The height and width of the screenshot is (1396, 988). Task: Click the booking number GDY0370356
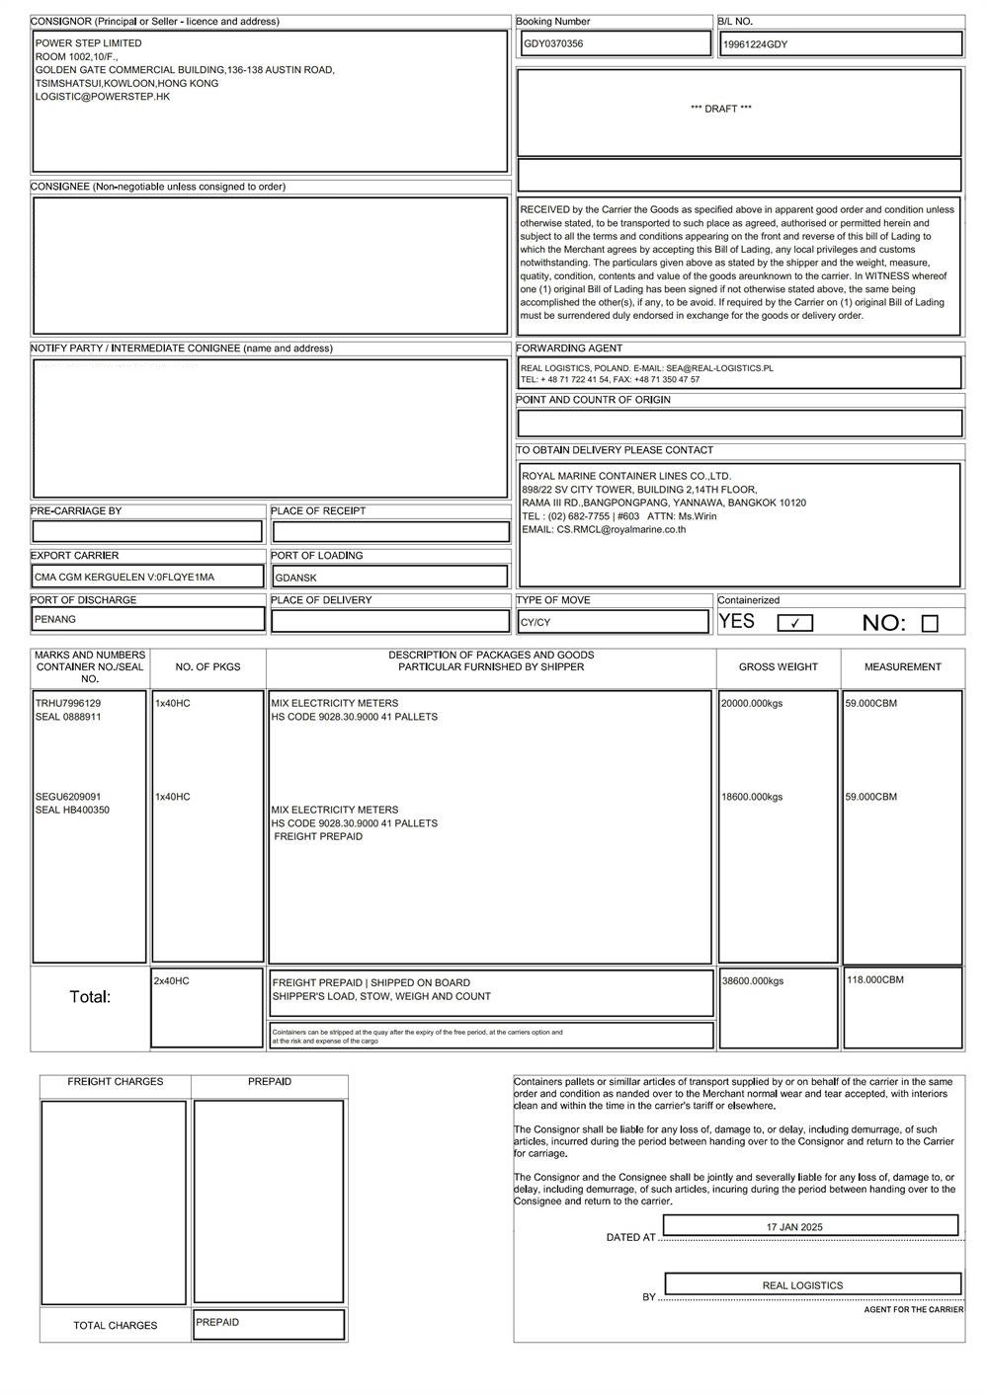[553, 43]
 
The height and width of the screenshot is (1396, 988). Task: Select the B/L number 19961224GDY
[755, 44]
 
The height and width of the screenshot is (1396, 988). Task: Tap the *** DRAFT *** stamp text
[720, 109]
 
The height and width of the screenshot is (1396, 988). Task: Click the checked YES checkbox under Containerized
[794, 623]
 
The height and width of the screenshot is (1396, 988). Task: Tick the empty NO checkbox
[929, 623]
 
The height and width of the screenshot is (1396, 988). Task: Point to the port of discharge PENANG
[55, 619]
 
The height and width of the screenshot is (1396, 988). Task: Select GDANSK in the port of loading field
[295, 578]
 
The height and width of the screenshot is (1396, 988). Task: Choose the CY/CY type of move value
[535, 623]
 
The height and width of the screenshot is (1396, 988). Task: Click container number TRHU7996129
[68, 703]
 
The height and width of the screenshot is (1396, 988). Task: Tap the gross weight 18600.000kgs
[752, 797]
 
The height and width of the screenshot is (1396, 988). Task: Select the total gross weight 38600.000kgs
[752, 981]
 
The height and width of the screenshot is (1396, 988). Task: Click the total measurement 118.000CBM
[874, 979]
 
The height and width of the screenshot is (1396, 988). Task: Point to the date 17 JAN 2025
[794, 1227]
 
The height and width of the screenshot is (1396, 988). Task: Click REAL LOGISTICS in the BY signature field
[802, 1285]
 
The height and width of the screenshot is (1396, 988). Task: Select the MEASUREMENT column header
[902, 667]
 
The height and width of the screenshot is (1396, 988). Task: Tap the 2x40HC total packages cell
[172, 980]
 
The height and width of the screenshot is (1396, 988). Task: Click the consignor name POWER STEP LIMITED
[89, 43]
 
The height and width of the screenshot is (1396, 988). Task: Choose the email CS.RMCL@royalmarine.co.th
[621, 529]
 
